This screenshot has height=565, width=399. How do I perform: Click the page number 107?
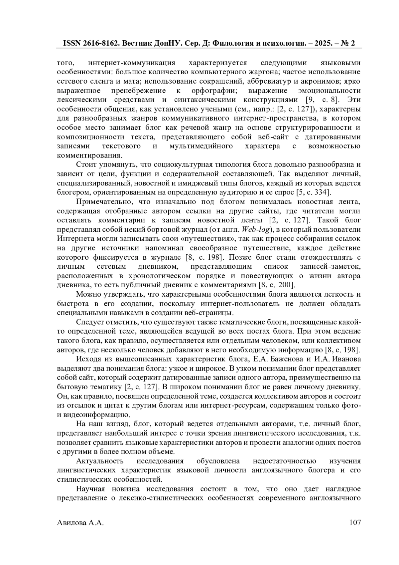355,523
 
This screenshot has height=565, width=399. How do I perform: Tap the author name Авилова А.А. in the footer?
80,523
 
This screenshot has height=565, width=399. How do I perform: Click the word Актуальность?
100,461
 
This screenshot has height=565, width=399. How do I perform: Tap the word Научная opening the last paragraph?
90,489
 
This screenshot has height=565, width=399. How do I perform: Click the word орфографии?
214,91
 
